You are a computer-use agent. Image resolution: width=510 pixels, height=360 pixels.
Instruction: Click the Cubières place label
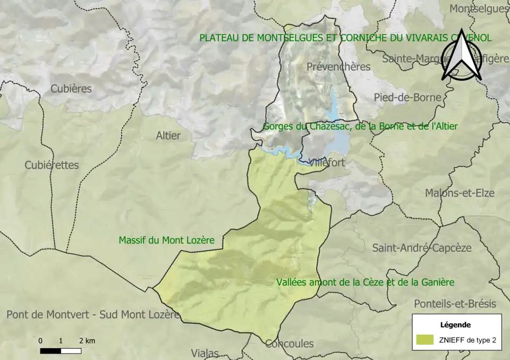pyautogui.click(x=71, y=89)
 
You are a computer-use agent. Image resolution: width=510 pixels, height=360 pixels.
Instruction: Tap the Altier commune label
pyautogui.click(x=168, y=136)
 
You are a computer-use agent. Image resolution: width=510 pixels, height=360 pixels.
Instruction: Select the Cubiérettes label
pyautogui.click(x=52, y=165)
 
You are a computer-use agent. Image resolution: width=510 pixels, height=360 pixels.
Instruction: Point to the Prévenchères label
pyautogui.click(x=338, y=67)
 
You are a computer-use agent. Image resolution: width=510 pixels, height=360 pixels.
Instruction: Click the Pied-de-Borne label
pyautogui.click(x=407, y=97)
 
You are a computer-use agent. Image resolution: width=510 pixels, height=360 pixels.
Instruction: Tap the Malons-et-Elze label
pyautogui.click(x=460, y=193)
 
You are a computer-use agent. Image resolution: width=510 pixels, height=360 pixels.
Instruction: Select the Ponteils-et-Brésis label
pyautogui.click(x=455, y=304)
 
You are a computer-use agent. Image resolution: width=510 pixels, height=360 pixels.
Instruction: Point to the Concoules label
pyautogui.click(x=290, y=344)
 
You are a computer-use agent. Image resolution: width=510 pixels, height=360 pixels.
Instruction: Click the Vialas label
pyautogui.click(x=205, y=353)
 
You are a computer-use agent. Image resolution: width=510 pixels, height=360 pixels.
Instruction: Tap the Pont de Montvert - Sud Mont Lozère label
pyautogui.click(x=93, y=314)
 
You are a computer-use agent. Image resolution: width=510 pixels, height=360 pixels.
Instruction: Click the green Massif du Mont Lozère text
pyautogui.click(x=166, y=240)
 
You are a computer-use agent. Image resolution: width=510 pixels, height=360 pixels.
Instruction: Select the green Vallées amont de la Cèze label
pyautogui.click(x=365, y=282)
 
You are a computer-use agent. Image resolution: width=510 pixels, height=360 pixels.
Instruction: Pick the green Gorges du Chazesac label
pyautogui.click(x=360, y=127)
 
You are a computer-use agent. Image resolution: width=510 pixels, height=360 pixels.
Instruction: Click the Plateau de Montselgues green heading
pyautogui.click(x=345, y=38)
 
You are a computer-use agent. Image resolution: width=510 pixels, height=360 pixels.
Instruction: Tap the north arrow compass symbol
pyautogui.click(x=461, y=55)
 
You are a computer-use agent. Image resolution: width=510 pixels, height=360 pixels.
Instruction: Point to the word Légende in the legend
pyautogui.click(x=456, y=324)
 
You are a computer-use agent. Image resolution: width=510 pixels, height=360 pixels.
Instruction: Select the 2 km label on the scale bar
pyautogui.click(x=87, y=341)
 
